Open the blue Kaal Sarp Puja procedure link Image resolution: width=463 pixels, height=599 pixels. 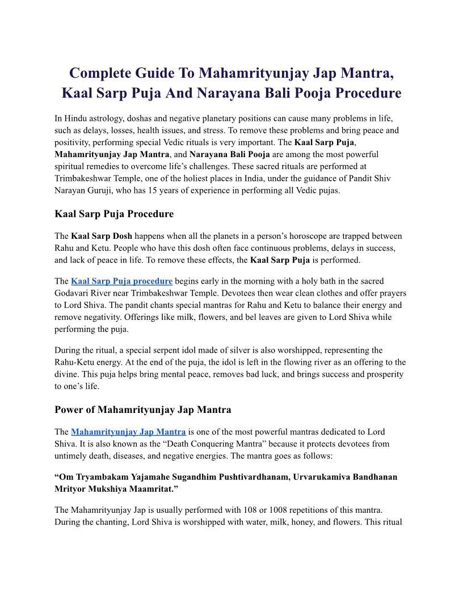point(121,281)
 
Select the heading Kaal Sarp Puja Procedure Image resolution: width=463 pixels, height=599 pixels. point(114,214)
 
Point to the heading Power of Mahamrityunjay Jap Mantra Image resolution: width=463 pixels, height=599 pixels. point(142,409)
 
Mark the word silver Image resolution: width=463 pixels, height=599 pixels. point(218,350)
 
